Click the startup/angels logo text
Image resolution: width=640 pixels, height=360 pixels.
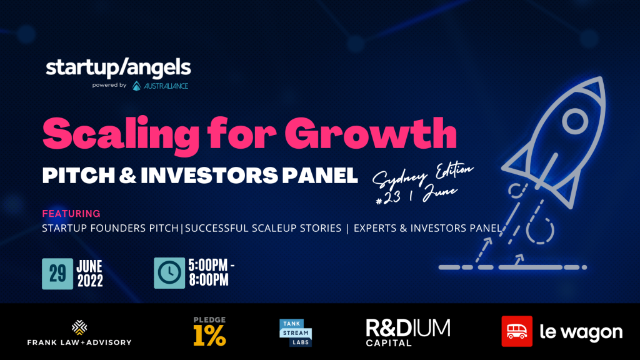118,67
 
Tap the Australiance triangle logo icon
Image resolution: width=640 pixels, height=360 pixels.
137,86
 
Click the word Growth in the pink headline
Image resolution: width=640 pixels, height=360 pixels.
371,134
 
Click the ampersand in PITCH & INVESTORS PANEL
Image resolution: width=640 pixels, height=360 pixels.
128,176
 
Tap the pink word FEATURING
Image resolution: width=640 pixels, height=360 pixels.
71,214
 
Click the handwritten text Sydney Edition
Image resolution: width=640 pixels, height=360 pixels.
423,174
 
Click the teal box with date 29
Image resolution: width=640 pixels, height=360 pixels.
57,274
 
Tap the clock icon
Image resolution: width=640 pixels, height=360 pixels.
169,273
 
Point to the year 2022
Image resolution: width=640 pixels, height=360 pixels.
90,281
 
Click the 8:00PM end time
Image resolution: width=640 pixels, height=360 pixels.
209,280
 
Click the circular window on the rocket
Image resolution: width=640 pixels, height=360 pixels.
575,121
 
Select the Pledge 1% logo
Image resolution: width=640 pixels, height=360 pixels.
209,331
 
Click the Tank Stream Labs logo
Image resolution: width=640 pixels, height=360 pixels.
296,332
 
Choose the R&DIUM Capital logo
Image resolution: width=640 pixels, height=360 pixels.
408,332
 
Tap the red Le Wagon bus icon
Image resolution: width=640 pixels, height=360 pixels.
517,331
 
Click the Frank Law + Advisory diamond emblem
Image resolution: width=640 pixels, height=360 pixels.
79,327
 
